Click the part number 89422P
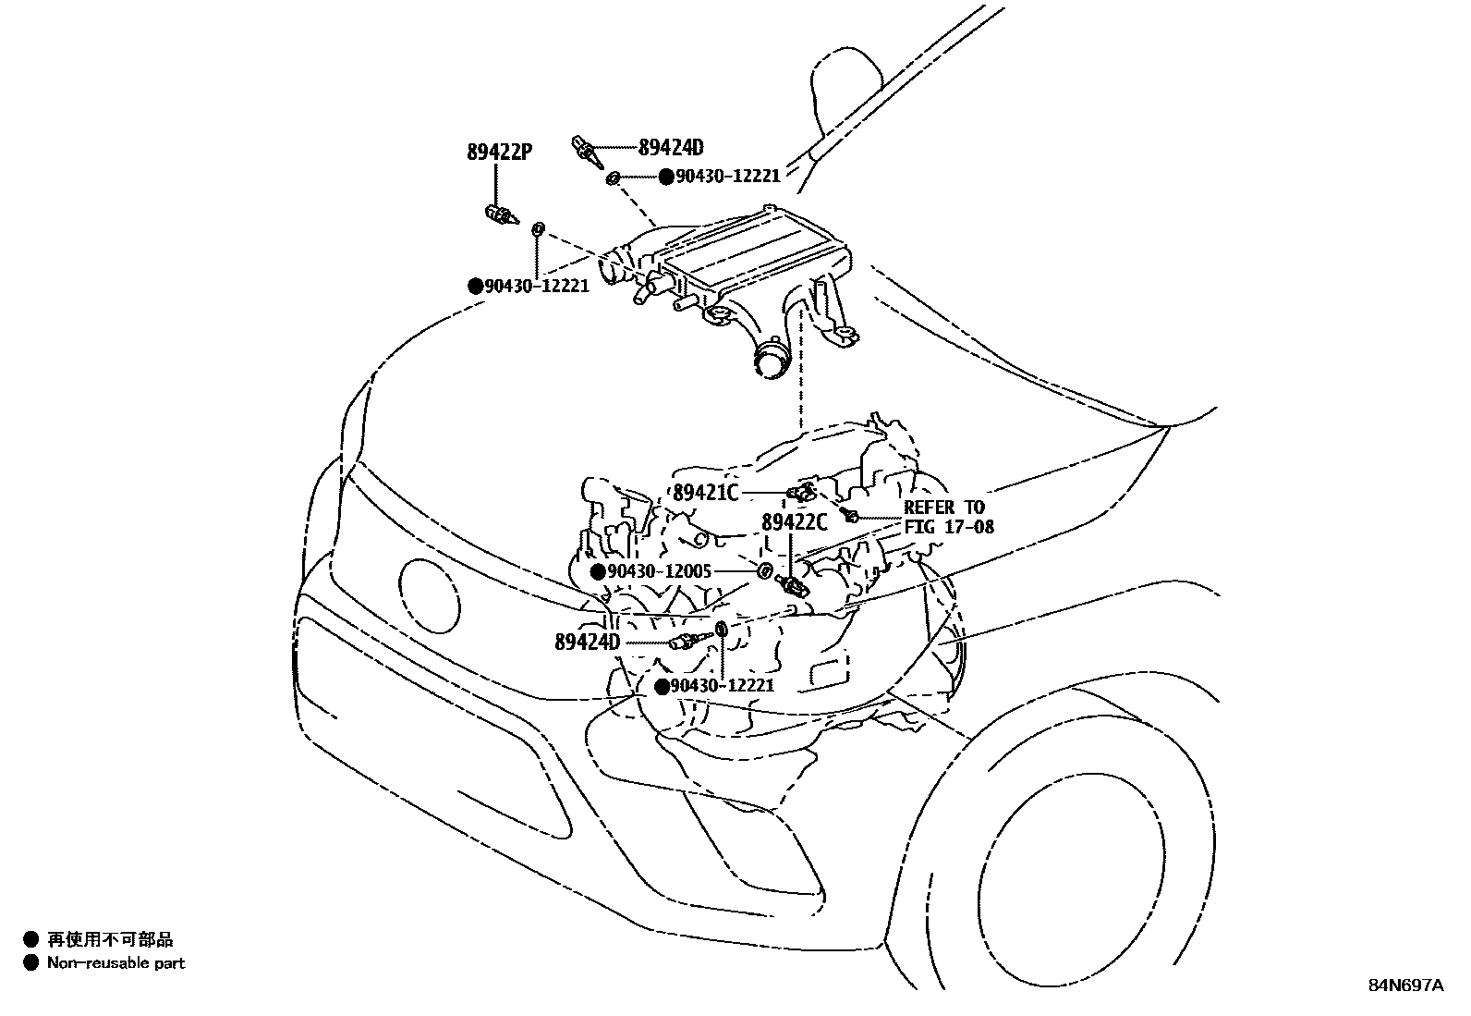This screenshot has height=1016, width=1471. (499, 153)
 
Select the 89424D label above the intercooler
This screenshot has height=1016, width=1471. (671, 147)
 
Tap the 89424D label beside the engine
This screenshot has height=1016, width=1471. (588, 642)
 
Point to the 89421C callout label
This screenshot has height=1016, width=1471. (706, 494)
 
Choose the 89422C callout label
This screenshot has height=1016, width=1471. (795, 523)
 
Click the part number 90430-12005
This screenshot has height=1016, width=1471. (660, 572)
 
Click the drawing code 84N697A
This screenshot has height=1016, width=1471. (1405, 985)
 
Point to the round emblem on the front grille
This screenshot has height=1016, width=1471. (429, 595)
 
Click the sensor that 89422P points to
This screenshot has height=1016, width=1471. (500, 216)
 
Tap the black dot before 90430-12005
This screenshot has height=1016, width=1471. (598, 572)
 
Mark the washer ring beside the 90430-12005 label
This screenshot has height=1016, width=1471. (765, 571)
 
